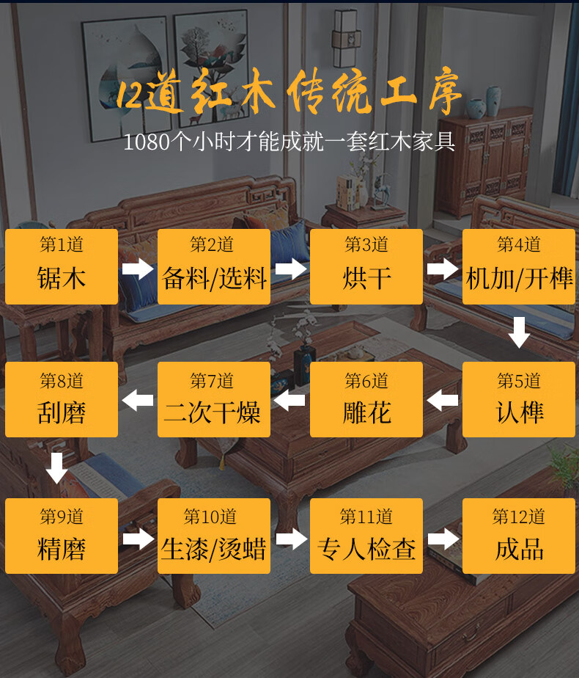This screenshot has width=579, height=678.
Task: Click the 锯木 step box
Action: point(62,266)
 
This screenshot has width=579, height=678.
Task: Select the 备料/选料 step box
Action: point(214,266)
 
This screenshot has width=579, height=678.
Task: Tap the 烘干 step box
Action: point(366,266)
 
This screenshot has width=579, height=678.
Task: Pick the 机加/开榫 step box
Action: point(519,266)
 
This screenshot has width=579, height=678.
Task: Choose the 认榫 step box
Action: point(519,400)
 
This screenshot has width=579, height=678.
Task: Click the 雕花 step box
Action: point(366,400)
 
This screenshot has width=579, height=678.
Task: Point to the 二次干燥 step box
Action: point(214,400)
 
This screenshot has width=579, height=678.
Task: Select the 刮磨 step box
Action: point(62,400)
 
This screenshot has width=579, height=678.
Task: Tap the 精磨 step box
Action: point(62,536)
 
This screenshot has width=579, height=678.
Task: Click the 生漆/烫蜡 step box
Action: point(214,536)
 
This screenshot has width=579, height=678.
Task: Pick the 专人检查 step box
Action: point(366,536)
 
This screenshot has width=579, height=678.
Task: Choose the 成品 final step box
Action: point(519,536)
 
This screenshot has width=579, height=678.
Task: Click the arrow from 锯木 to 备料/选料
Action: point(138,269)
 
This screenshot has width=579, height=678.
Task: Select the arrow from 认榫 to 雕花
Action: point(443,401)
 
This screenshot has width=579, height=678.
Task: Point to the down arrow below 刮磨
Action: point(57,467)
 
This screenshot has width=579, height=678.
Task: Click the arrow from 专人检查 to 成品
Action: point(443,540)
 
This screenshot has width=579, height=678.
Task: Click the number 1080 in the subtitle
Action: point(146,142)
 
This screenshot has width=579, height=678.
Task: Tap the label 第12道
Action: point(519,517)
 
